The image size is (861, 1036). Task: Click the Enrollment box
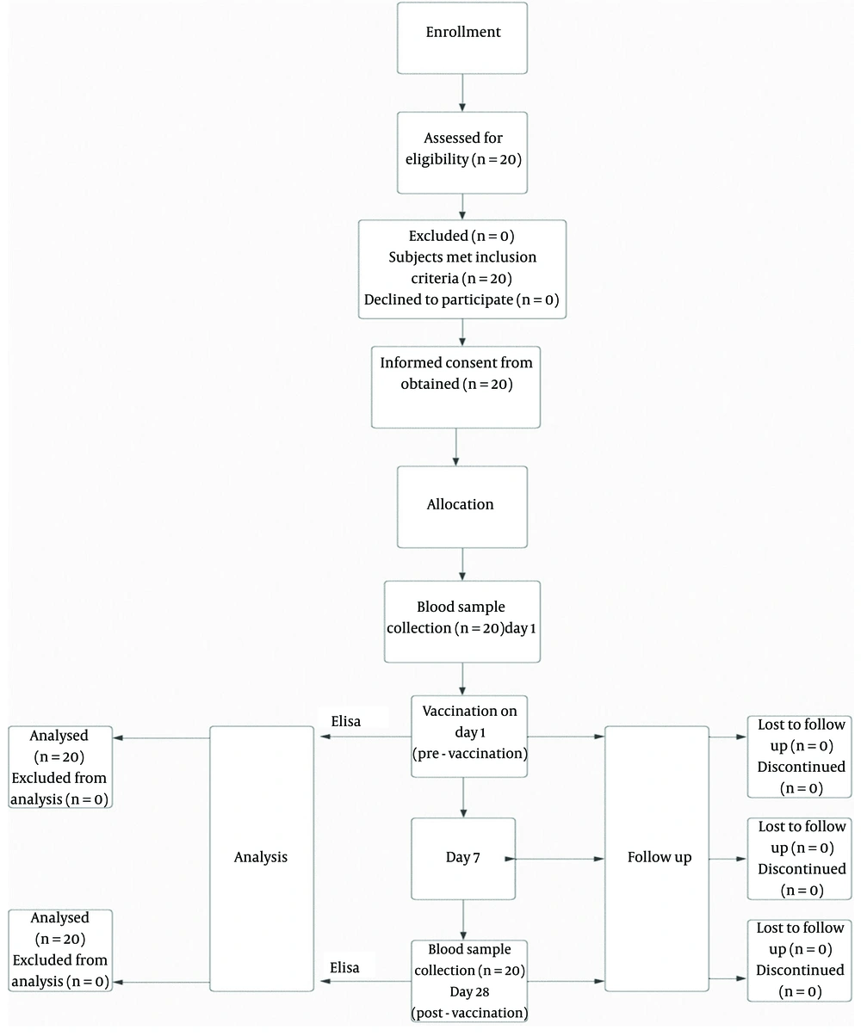461,38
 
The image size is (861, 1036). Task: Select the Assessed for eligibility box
461,152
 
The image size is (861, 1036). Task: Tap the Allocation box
461,507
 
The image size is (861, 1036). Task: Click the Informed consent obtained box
455,387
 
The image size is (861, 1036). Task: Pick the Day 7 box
463,859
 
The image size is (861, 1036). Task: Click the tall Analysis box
262,859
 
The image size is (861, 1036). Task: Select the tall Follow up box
656,859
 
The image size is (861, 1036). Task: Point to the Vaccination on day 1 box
469,737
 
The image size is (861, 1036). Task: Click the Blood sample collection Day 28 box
469,980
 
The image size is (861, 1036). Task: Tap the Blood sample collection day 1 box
461,622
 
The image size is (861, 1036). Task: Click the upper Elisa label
346,721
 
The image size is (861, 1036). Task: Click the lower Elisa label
344,967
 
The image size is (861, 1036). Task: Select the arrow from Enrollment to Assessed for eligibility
462,93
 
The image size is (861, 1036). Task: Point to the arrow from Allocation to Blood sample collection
462,564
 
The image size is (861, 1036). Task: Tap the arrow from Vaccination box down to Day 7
463,798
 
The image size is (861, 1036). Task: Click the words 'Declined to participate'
438,299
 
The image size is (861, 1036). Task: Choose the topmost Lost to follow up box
799,756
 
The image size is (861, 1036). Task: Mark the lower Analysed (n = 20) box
60,950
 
